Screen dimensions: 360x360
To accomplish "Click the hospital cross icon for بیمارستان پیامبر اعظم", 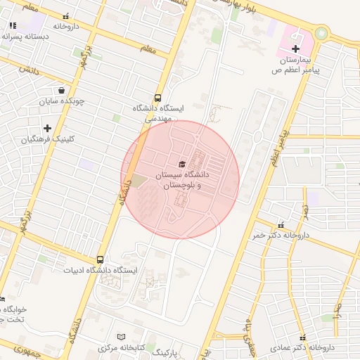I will [295, 49].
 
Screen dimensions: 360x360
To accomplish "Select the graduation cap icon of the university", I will [182, 164].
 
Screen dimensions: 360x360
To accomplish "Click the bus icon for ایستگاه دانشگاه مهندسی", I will [157, 98].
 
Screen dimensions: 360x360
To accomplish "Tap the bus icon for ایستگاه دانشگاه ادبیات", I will [101, 259].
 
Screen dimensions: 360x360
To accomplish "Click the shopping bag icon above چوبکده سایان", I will [62, 90].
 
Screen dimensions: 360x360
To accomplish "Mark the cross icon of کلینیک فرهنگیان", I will [47, 128].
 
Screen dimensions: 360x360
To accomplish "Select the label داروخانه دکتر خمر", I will [281, 236].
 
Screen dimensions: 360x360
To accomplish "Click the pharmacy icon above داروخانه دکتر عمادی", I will [303, 337].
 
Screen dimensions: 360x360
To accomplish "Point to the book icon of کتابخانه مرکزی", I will [121, 337].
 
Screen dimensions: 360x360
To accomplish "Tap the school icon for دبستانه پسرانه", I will [13, 25].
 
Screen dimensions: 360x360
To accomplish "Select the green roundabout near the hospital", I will [322, 32].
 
